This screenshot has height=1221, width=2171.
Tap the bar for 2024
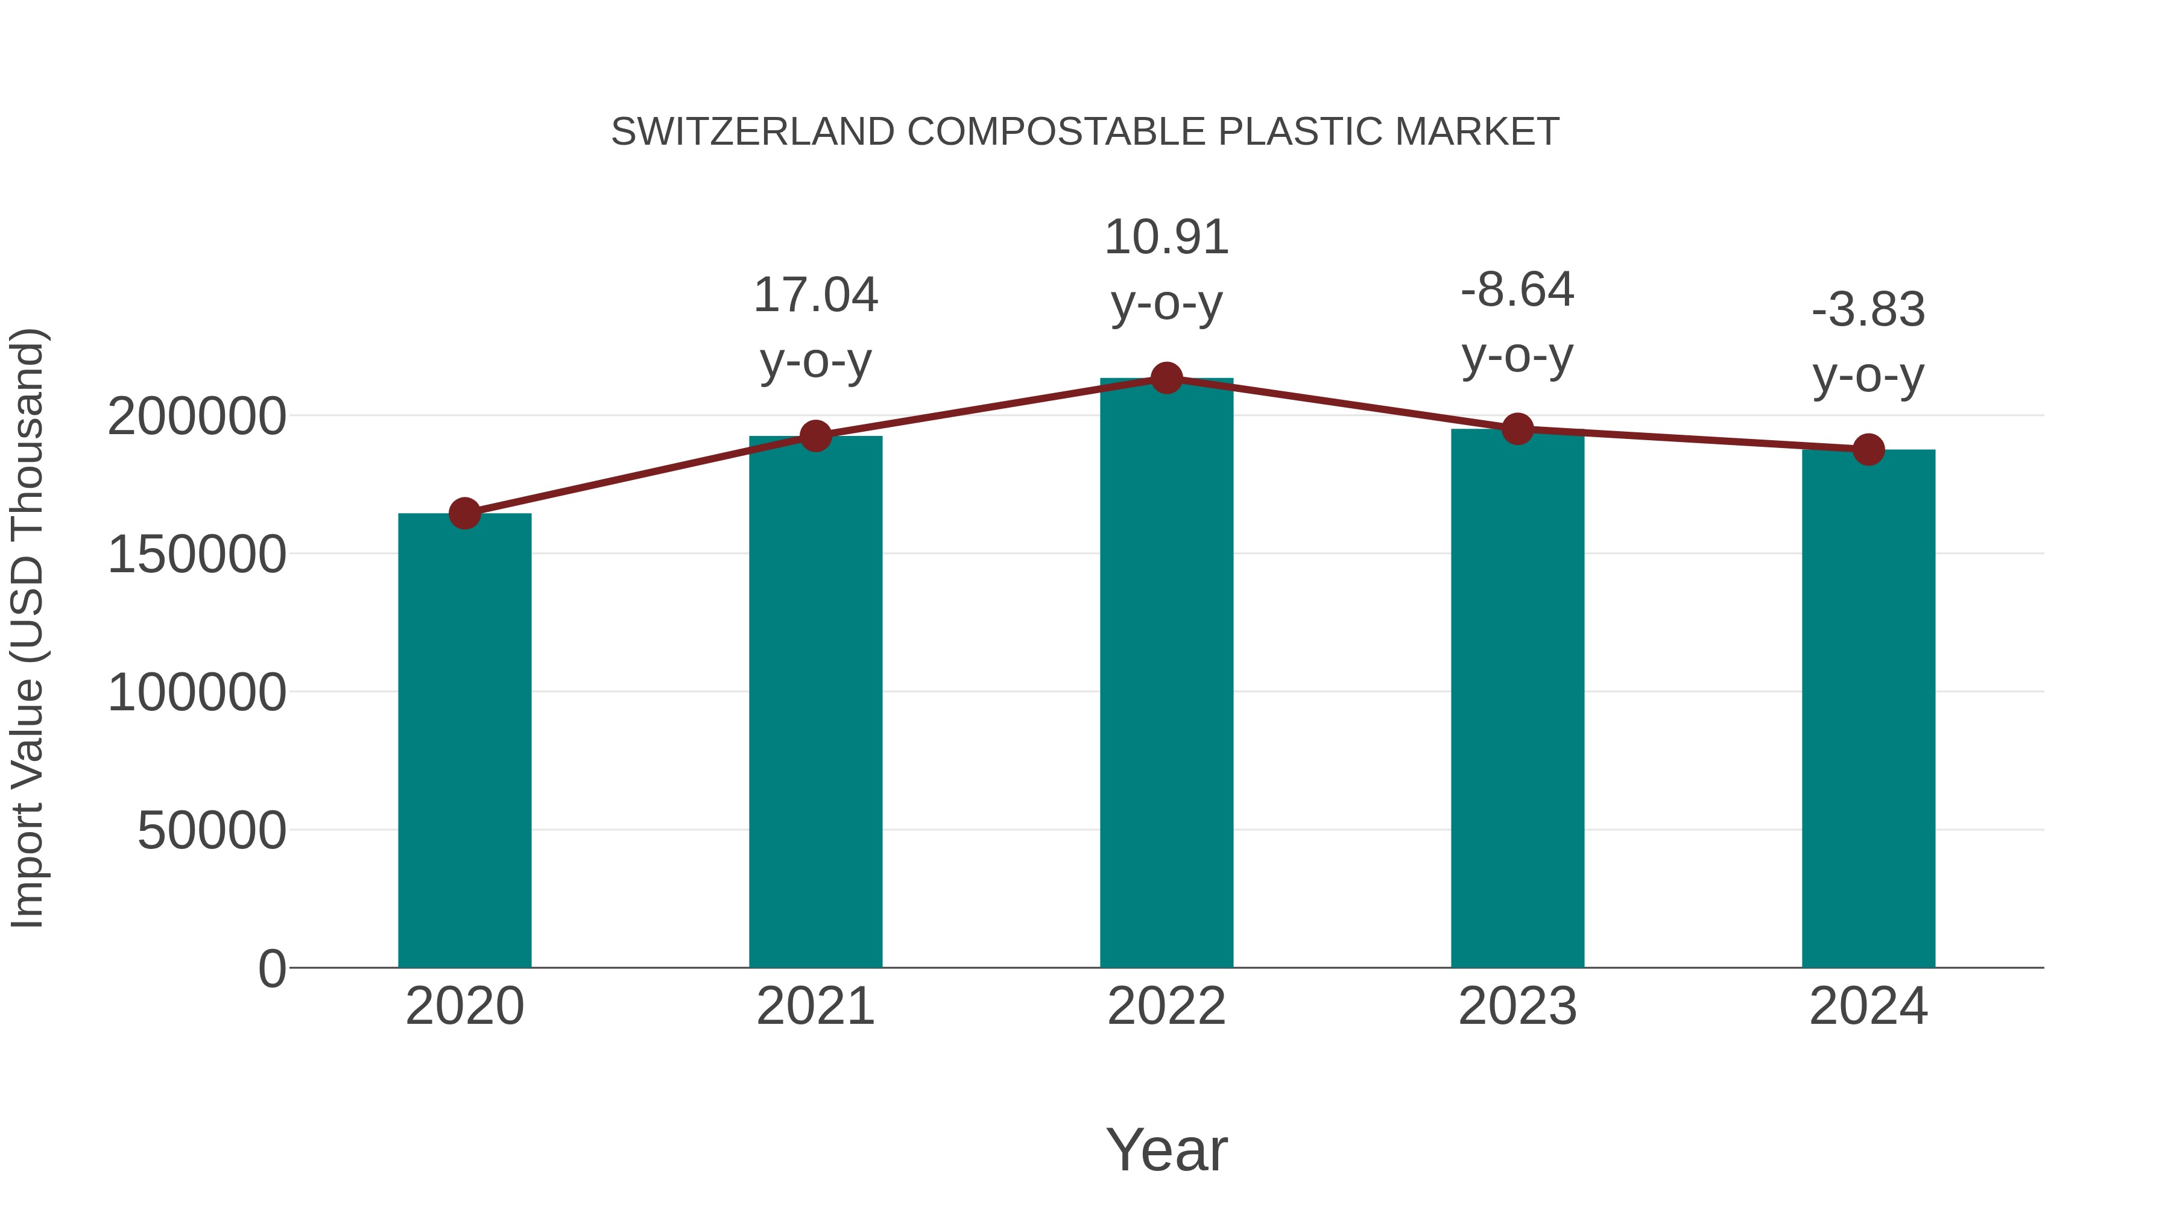[x=1868, y=708]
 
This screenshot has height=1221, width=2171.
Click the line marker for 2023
[x=1518, y=429]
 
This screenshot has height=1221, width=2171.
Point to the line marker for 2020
[x=464, y=513]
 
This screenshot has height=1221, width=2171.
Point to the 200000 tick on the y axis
[x=197, y=416]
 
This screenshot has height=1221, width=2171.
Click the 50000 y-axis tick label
[x=212, y=831]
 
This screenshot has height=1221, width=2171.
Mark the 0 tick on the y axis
[x=271, y=968]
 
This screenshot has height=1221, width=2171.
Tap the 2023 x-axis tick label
[x=1518, y=1006]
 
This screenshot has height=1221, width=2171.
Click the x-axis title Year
[x=1166, y=1149]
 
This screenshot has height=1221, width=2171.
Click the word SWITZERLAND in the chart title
[x=753, y=132]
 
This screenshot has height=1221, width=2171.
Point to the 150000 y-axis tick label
[x=197, y=555]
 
